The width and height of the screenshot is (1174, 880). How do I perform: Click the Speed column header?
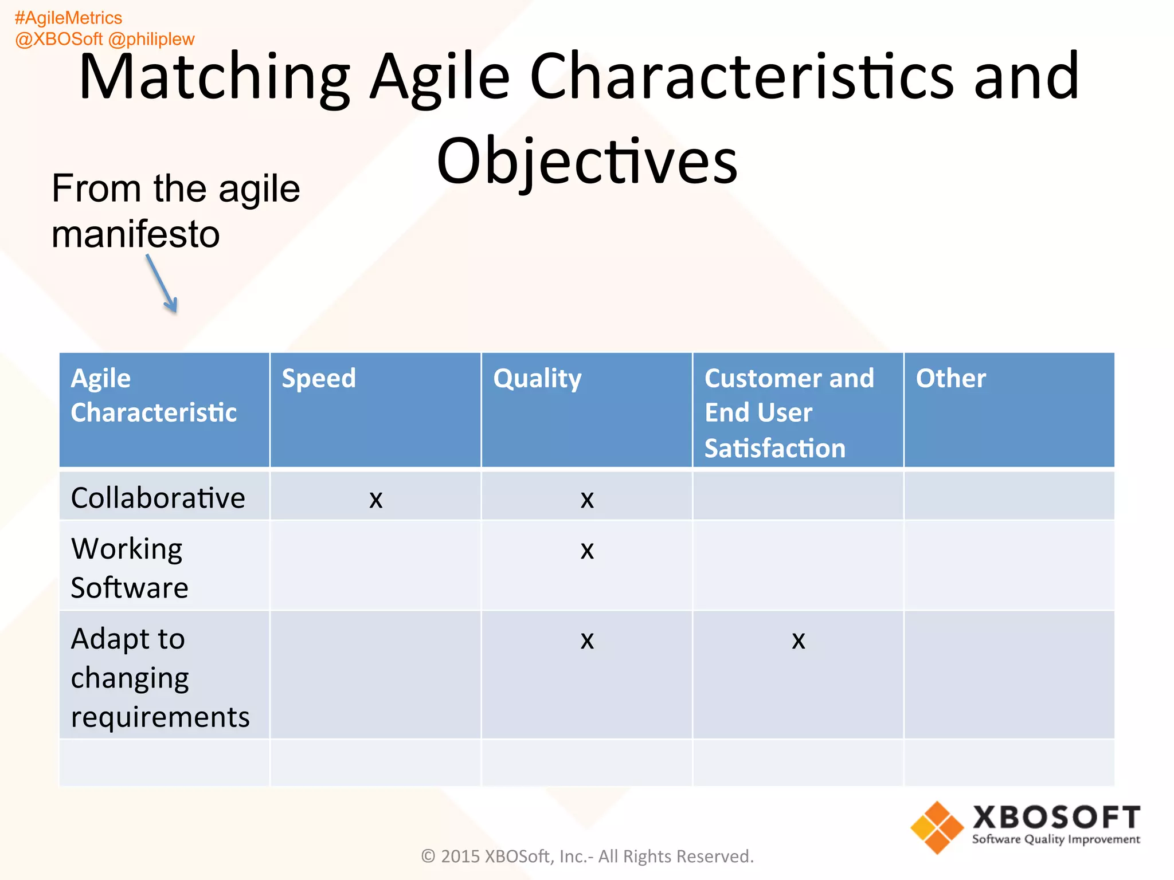click(x=319, y=379)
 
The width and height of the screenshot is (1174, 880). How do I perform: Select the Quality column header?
click(x=537, y=379)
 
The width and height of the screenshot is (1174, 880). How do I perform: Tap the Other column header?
click(x=950, y=379)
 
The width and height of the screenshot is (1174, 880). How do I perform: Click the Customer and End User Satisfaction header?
click(x=788, y=412)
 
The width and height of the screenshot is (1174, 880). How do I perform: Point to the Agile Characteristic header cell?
click(x=153, y=395)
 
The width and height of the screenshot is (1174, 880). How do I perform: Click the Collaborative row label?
click(x=158, y=497)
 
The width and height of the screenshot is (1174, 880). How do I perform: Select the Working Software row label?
click(x=129, y=568)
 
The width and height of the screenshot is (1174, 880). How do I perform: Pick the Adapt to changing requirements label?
click(x=159, y=677)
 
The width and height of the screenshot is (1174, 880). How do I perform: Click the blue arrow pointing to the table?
click(x=162, y=285)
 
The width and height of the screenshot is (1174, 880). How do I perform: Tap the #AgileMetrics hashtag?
click(x=68, y=18)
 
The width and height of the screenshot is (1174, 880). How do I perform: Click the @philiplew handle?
click(x=151, y=39)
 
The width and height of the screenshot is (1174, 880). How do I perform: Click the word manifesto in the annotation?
click(x=136, y=234)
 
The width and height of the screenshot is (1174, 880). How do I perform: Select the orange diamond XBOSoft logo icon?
click(x=937, y=827)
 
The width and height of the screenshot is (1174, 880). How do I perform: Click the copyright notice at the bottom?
click(x=587, y=856)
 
